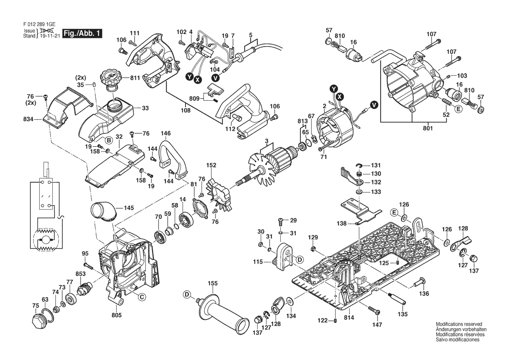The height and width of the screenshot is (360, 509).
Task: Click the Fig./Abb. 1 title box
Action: pyautogui.click(x=82, y=33)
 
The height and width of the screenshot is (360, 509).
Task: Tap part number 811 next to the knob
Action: pyautogui.click(x=135, y=78)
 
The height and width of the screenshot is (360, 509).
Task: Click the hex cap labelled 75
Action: pyautogui.click(x=38, y=321)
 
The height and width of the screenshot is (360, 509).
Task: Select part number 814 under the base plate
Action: pyautogui.click(x=349, y=318)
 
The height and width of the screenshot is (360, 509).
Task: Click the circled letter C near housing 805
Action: pyautogui.click(x=141, y=296)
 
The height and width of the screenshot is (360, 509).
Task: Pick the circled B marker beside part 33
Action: pyautogui.click(x=109, y=140)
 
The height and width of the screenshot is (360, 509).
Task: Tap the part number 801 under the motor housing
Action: pyautogui.click(x=428, y=128)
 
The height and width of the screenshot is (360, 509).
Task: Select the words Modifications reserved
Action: pyautogui.click(x=458, y=324)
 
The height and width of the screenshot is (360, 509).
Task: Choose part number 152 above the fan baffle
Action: pyautogui.click(x=211, y=165)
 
